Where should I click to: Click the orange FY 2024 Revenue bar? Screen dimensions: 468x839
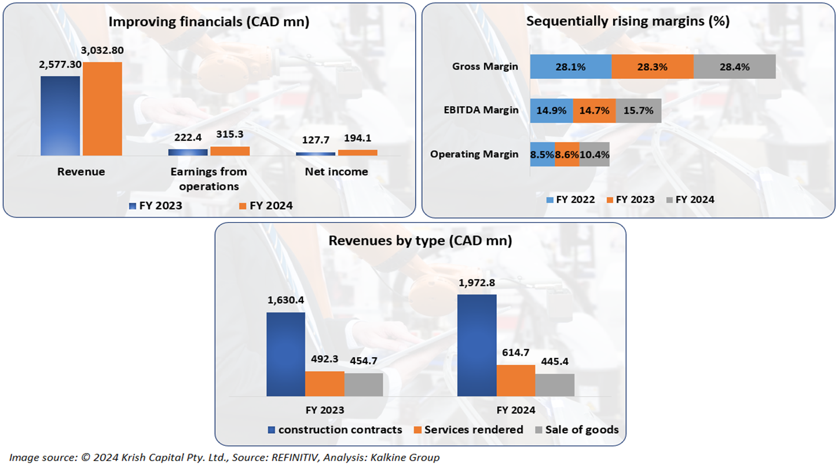coord(102,109)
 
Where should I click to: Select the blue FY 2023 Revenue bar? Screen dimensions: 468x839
coord(60,116)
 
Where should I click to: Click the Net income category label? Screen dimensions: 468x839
coord(337,172)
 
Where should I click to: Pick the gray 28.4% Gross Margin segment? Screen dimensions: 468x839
coord(734,67)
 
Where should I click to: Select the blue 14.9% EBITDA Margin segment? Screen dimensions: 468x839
coord(551,111)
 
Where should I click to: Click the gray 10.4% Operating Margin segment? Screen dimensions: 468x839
coord(594,154)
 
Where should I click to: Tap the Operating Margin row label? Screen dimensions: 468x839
coord(474,154)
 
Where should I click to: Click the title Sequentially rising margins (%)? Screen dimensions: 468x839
coord(628,21)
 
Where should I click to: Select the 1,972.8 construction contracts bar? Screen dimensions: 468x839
coord(477,346)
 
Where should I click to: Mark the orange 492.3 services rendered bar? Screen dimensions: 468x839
coord(324,384)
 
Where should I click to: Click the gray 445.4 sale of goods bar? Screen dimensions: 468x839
coord(555,385)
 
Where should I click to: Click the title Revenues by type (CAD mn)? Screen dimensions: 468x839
coord(420,241)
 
